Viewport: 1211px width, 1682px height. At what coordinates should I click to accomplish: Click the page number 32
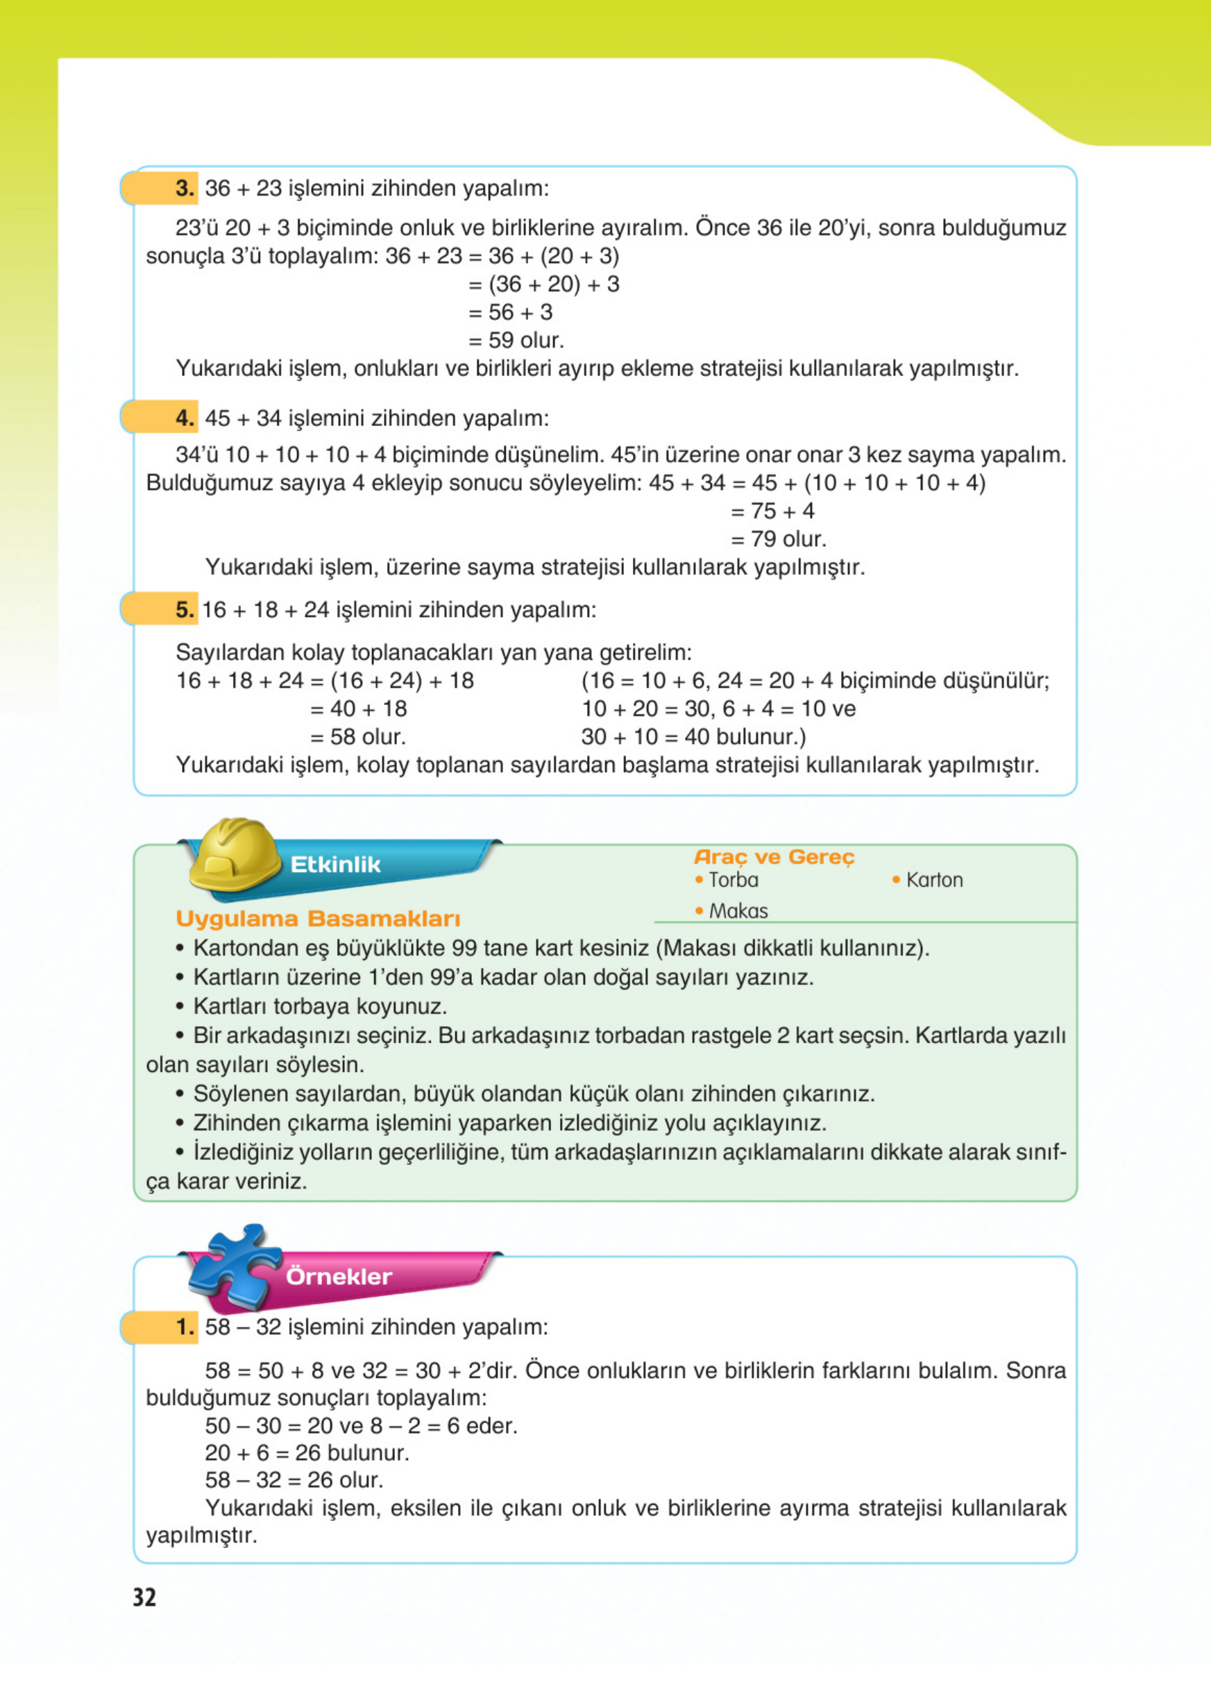click(x=144, y=1597)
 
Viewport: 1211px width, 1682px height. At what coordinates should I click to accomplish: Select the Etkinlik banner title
click(x=335, y=865)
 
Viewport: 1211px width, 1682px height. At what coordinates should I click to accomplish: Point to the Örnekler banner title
click(x=339, y=1276)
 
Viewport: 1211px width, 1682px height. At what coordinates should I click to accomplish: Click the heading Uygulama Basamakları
click(x=318, y=919)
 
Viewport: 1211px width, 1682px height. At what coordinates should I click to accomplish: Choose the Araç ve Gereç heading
click(x=774, y=858)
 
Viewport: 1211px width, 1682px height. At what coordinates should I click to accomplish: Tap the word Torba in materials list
click(x=734, y=881)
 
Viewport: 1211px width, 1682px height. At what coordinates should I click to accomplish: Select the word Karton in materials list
click(x=934, y=881)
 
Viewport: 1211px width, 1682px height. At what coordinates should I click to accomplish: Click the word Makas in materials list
click(x=738, y=910)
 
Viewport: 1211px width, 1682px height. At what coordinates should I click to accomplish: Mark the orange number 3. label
click(x=185, y=188)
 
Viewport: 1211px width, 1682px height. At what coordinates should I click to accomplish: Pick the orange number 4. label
click(x=185, y=418)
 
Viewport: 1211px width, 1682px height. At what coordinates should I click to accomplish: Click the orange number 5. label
click(x=185, y=610)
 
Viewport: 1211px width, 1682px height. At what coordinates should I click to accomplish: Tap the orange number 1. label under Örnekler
click(x=185, y=1327)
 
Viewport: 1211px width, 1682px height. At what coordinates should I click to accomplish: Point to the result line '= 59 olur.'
click(x=516, y=341)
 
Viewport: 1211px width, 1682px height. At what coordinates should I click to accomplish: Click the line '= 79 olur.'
click(x=778, y=539)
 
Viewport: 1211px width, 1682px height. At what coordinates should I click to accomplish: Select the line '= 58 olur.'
click(x=357, y=737)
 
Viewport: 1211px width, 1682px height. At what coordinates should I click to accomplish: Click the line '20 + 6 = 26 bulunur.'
click(x=307, y=1452)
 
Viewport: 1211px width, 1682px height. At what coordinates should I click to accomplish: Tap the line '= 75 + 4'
click(x=772, y=511)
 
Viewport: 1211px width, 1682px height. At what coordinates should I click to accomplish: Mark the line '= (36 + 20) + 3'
click(x=543, y=284)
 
